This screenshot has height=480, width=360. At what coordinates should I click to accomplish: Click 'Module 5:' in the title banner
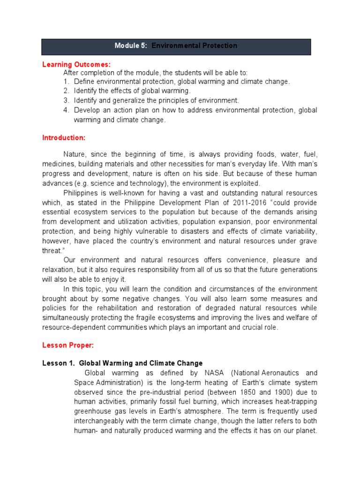click(x=131, y=46)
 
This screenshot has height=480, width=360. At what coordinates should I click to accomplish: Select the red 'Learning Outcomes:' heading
click(x=76, y=64)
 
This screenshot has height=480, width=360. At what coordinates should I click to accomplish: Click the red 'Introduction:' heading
click(x=64, y=138)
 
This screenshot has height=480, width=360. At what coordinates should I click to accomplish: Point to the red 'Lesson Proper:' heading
click(x=68, y=345)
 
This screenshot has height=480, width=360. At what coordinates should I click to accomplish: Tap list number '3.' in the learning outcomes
click(x=67, y=100)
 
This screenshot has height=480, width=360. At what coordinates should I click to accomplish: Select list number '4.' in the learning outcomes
click(x=67, y=110)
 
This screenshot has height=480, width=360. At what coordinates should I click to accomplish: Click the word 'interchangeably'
click(x=98, y=420)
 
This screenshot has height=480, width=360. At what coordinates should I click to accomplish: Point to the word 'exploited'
click(x=244, y=183)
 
